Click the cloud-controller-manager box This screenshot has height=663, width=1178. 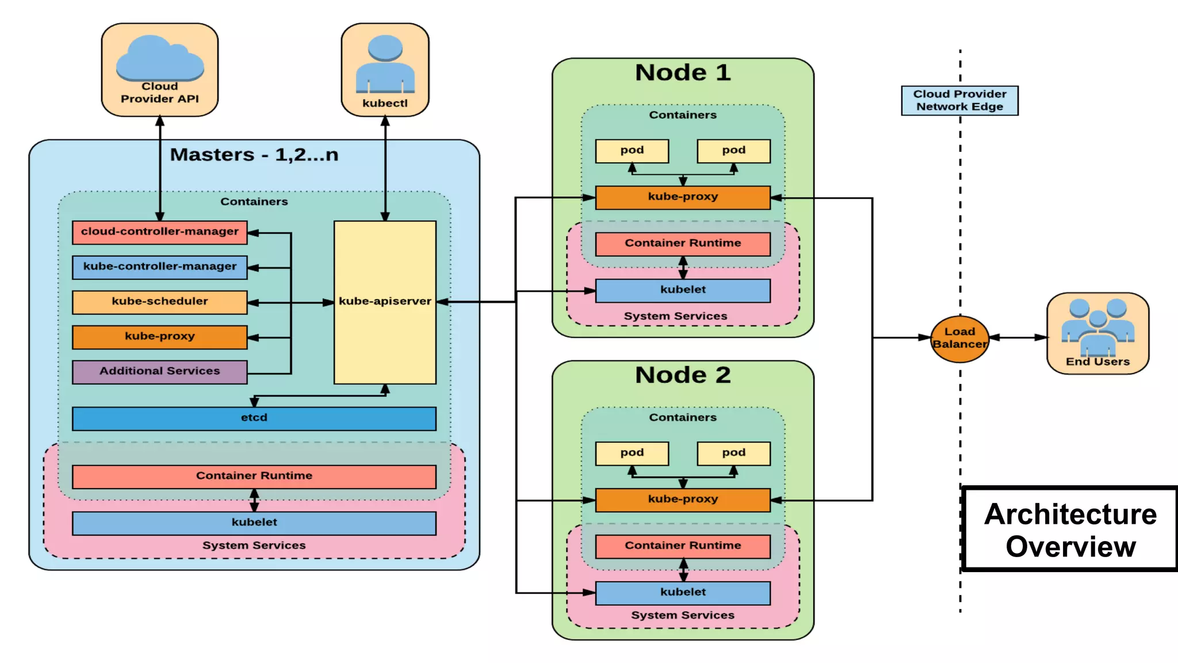point(159,232)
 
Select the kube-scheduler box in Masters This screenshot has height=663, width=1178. point(159,302)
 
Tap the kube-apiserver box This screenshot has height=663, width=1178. point(385,302)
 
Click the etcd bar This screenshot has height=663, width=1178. point(254,418)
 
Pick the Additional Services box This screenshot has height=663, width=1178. point(159,371)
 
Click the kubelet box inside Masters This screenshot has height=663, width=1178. point(254,523)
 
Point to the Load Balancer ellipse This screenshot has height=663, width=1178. point(959,338)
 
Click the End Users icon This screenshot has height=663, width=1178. point(1097,328)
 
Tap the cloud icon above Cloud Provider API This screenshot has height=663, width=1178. point(159,58)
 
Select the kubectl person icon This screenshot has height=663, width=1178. point(385,63)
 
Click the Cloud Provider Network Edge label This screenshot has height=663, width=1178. point(959,100)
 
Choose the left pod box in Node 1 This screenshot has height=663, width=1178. point(632,151)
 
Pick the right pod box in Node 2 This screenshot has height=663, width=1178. point(733,453)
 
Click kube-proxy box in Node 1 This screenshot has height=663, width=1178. point(683,197)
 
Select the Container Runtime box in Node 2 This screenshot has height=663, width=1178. point(683,546)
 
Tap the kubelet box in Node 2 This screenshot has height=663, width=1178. point(683,592)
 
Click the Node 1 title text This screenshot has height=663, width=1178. point(683,73)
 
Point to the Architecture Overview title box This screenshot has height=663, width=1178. point(1070,529)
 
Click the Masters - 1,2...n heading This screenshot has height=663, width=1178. point(254,155)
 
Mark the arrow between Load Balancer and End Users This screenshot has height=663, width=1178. point(1018,338)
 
